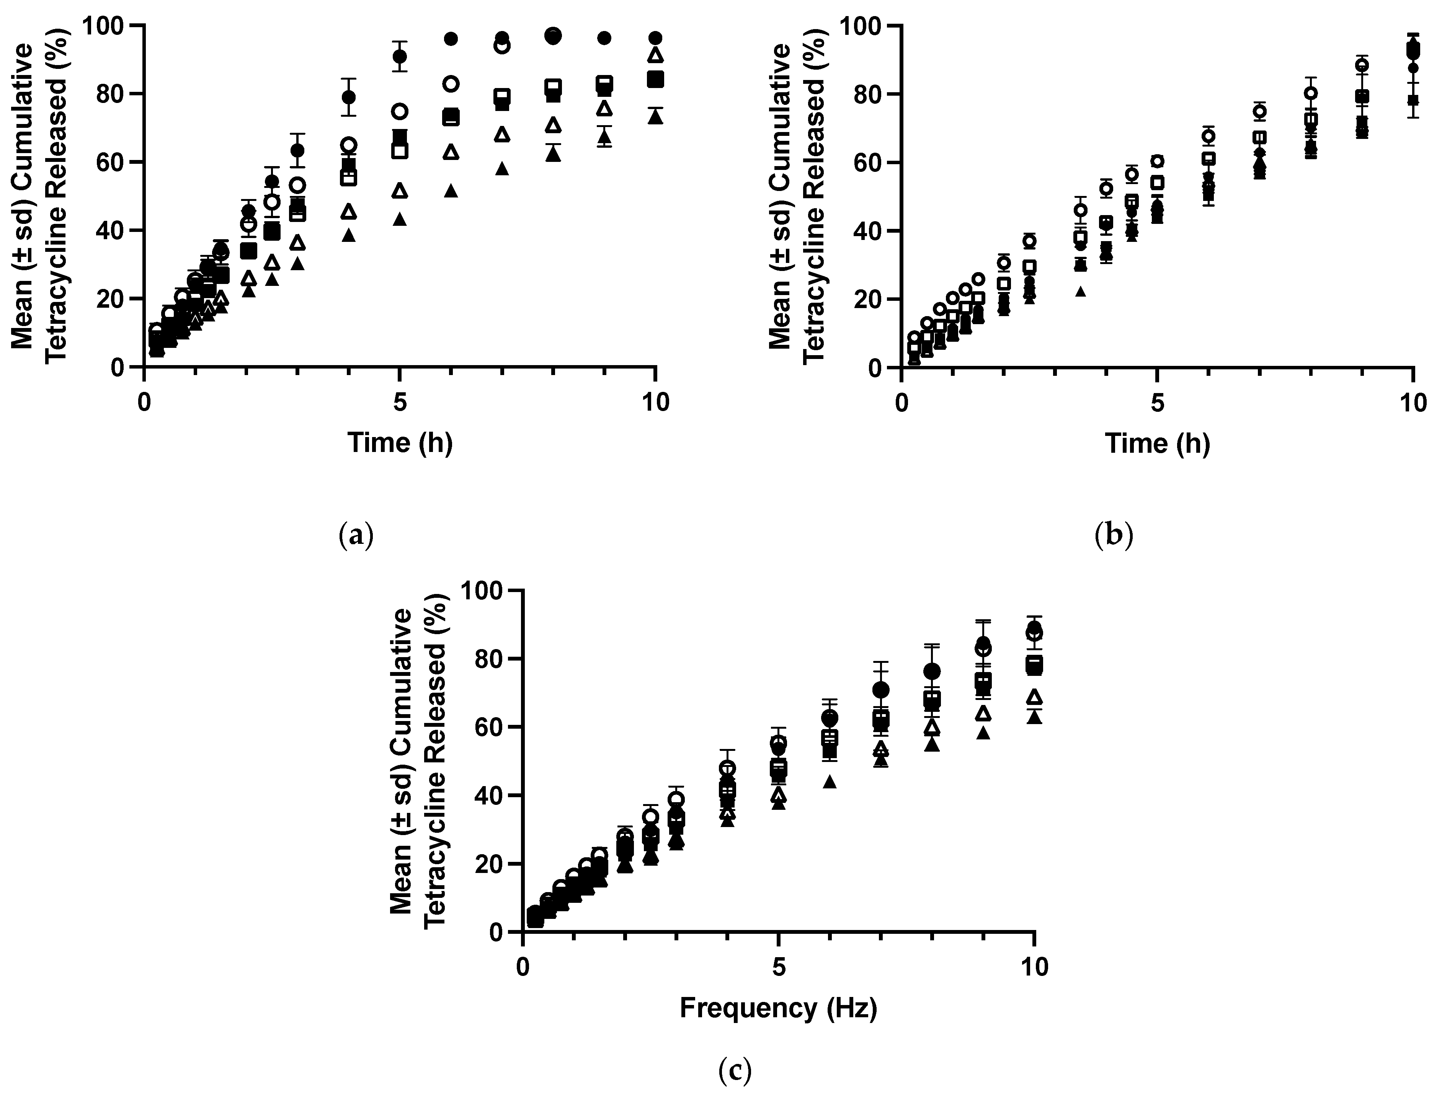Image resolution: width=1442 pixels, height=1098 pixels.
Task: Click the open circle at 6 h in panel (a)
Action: (451, 84)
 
